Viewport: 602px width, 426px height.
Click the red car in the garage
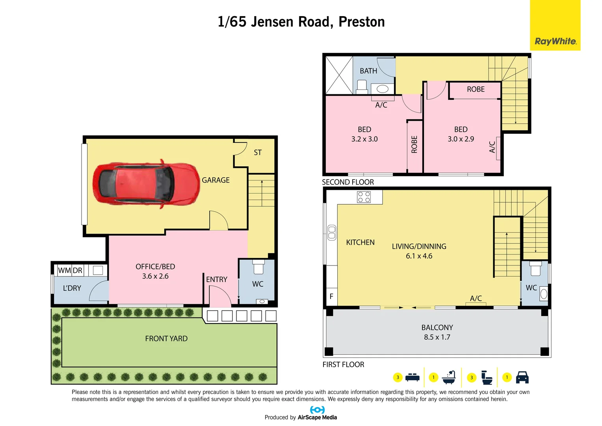(146, 184)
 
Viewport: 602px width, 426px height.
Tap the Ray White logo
(555, 41)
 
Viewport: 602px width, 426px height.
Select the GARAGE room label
(216, 180)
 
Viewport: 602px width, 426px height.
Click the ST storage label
(258, 153)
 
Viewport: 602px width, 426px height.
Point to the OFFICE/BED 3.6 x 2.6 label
(155, 271)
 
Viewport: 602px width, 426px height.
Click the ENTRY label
(217, 280)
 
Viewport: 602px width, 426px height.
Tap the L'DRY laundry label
(72, 288)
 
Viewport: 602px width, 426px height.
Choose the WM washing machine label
(64, 271)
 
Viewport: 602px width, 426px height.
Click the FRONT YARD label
(166, 339)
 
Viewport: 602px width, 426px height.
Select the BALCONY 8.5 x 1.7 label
(437, 332)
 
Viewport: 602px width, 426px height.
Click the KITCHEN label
(360, 243)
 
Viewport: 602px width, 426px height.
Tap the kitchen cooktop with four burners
(364, 197)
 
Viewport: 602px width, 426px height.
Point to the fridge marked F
(331, 296)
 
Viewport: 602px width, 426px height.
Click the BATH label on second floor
(368, 71)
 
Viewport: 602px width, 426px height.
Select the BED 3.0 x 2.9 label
(461, 134)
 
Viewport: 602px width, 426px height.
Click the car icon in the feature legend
(522, 377)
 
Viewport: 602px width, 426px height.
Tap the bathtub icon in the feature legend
(449, 377)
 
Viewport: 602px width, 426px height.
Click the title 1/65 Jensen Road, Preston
(301, 22)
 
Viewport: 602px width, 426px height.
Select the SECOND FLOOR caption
(348, 182)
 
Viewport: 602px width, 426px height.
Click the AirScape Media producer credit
(317, 417)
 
